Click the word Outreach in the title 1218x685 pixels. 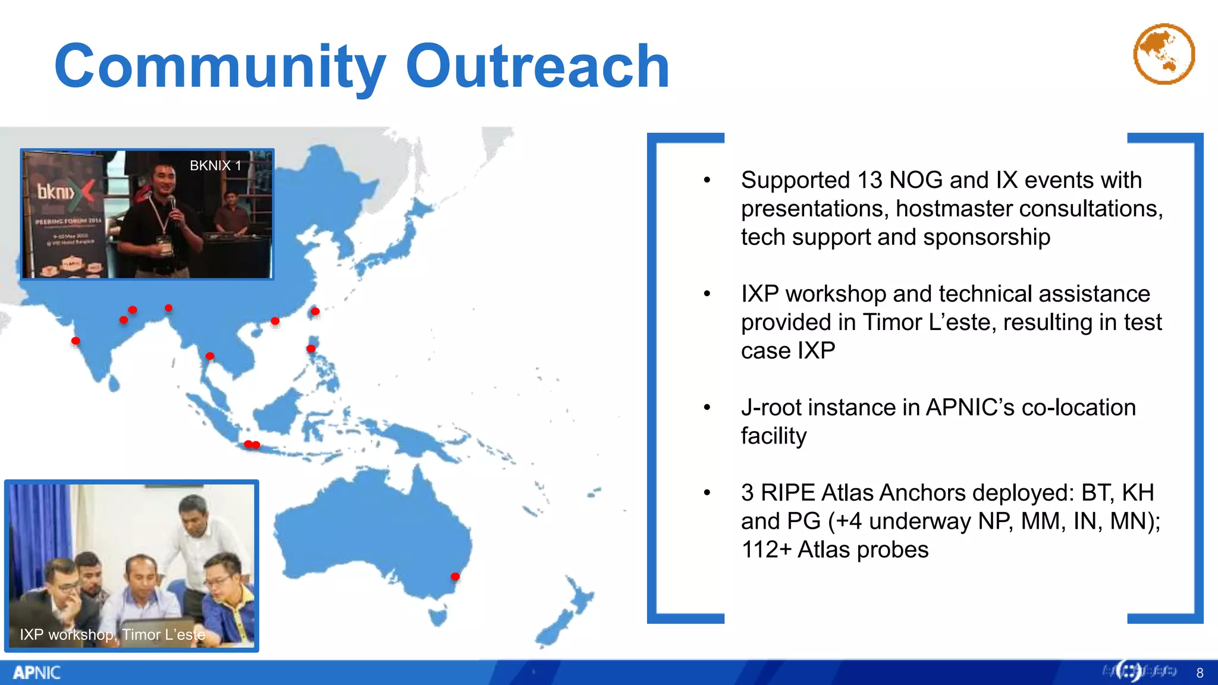coord(538,67)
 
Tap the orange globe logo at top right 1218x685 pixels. coord(1164,54)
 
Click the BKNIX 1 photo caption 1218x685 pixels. coord(215,166)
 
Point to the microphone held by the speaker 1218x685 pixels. coord(172,205)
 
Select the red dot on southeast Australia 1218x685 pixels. coord(455,576)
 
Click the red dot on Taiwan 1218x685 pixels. coord(315,311)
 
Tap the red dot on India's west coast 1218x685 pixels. coord(76,341)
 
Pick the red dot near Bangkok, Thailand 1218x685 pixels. coord(210,356)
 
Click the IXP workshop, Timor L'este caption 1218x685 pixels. coord(112,634)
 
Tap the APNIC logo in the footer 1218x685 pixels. coord(37,673)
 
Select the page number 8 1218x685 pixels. coord(1200,673)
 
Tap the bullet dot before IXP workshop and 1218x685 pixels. coord(707,294)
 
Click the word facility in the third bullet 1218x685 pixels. coord(773,436)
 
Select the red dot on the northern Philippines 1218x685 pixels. coord(311,348)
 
